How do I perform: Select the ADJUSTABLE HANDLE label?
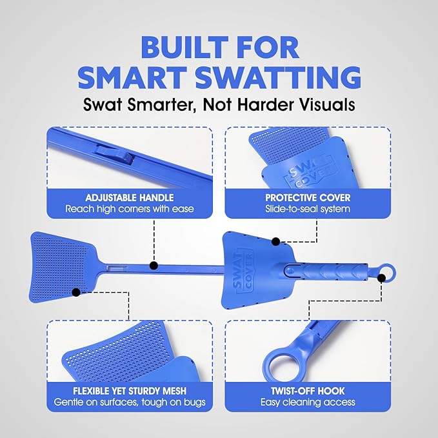129,197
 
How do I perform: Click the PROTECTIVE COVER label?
307,197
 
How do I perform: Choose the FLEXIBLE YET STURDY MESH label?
129,390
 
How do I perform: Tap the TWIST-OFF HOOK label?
307,390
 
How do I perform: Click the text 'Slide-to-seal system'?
307,209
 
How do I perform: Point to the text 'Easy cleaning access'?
307,403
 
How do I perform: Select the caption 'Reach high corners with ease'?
129,209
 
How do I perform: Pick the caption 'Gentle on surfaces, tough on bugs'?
129,403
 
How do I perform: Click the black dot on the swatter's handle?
154,265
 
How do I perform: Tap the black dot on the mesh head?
76,292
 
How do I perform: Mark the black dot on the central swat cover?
275,242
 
